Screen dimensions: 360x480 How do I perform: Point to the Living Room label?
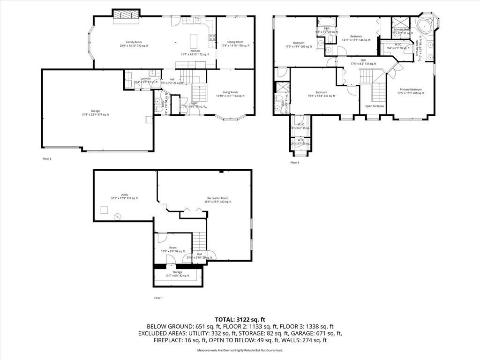(230, 94)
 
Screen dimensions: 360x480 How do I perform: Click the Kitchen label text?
(195, 51)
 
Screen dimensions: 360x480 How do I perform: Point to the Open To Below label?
(375, 106)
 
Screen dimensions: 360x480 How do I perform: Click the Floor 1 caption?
(158, 298)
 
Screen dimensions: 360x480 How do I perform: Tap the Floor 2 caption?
(47, 159)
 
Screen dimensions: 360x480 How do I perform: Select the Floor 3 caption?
(294, 163)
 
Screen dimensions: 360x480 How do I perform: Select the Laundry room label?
(145, 79)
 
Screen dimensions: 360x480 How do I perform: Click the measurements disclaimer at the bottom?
(240, 350)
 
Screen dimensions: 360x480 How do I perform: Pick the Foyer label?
(194, 103)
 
